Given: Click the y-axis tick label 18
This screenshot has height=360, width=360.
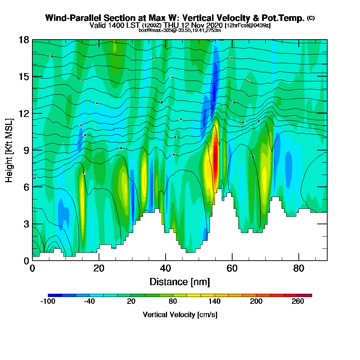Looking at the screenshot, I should pos(24,40).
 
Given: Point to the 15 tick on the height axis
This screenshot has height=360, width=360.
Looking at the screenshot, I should pos(24,77).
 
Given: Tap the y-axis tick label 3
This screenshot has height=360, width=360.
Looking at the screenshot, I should pos(26,224).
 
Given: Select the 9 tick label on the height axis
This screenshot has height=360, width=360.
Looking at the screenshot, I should pos(26,150).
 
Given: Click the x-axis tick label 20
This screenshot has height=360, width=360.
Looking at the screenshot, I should pos(99,268).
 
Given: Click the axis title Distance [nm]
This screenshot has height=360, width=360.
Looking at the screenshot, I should pos(180,282).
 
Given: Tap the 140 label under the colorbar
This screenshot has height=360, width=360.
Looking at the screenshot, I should pos(215,302).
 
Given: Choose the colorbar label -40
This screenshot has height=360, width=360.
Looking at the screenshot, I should pos(90,302).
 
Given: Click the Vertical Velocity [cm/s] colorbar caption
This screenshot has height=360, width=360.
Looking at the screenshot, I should pos(180,315).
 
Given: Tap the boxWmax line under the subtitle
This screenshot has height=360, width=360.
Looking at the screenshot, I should pos(180,30).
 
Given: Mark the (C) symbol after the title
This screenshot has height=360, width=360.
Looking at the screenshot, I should pos(311,18).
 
